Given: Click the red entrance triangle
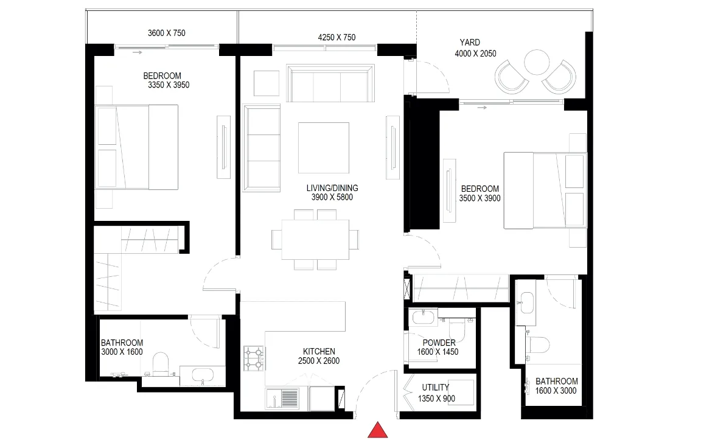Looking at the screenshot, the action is tap(378, 430).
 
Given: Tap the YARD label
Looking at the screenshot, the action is tap(470, 43).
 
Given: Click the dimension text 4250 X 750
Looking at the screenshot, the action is tap(337, 38).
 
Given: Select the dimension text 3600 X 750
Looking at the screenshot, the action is tap(166, 33).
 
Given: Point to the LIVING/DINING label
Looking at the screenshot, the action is tap(332, 188).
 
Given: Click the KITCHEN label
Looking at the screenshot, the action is tap(319, 352).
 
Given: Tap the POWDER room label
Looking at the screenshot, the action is tap(439, 343).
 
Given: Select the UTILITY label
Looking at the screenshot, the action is tap(436, 388).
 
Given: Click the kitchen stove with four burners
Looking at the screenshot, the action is tap(254, 358).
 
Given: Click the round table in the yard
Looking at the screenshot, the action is tap(537, 62).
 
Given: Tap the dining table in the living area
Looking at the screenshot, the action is tap(315, 240).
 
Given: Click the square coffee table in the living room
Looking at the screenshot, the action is tap(324, 148).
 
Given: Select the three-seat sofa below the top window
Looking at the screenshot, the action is tap(330, 83).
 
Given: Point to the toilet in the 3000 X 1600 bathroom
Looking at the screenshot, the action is tap(161, 364).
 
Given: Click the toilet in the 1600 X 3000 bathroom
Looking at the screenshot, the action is tap(537, 344).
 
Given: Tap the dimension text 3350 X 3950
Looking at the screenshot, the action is tap(169, 85).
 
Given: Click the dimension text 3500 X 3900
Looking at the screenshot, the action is tap(480, 198).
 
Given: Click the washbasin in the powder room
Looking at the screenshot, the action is tap(422, 318).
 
